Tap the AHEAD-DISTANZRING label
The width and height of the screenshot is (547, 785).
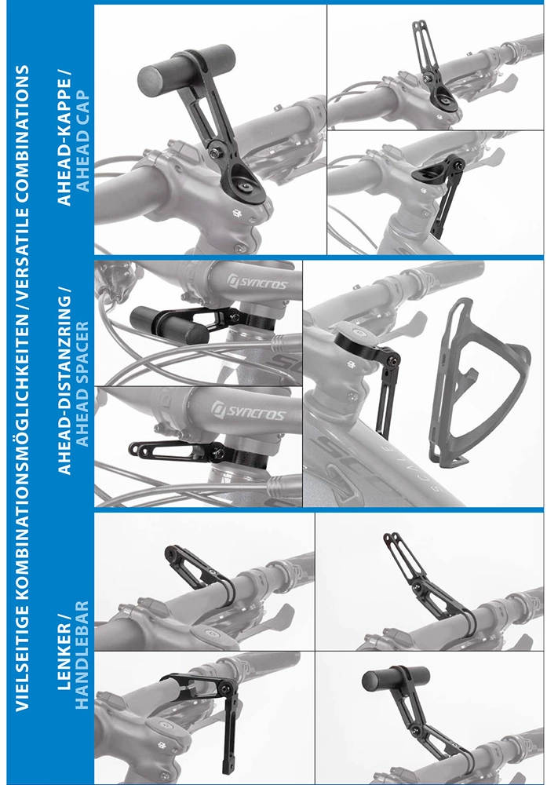point(65,381)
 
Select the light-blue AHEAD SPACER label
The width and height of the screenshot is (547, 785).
point(83,384)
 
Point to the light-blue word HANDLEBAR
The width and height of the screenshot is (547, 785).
point(83,655)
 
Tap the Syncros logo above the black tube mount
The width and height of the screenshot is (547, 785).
point(257,282)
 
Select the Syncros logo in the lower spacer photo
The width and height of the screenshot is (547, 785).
point(248,411)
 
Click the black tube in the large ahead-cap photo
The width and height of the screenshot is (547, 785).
point(186,66)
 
